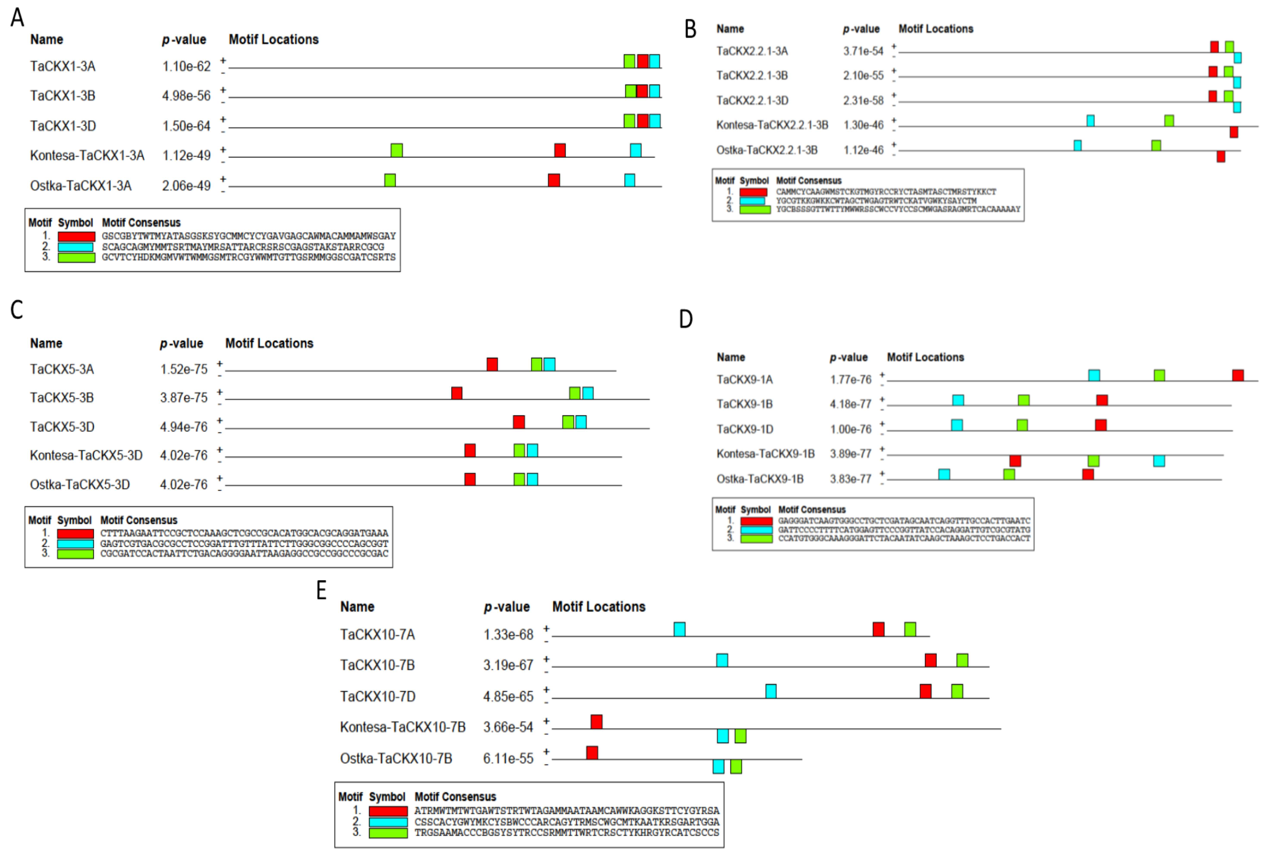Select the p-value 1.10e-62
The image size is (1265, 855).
click(x=186, y=66)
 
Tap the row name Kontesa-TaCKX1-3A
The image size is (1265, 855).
click(x=87, y=156)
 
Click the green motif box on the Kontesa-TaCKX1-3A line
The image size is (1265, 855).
click(x=397, y=150)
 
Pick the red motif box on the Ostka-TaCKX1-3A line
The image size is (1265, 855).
click(x=554, y=180)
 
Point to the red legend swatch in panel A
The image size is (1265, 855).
click(x=76, y=236)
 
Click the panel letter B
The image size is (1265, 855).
click(x=690, y=29)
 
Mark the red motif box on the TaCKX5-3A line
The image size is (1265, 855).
click(x=492, y=364)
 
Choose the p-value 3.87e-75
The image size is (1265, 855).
click(x=183, y=398)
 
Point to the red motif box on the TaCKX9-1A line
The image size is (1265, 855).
click(x=1238, y=375)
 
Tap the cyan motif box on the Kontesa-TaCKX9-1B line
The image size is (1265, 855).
click(x=1159, y=461)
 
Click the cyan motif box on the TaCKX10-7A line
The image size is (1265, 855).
click(x=679, y=630)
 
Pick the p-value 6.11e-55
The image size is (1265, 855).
click(x=508, y=759)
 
